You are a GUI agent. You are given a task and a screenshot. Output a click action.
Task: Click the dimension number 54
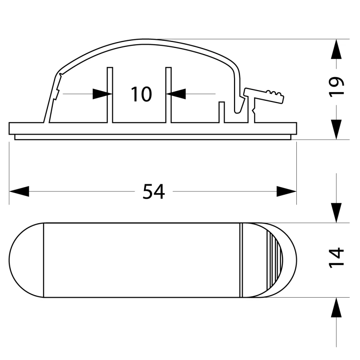[x=154, y=192]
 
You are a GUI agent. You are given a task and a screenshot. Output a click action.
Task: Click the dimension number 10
[x=141, y=94]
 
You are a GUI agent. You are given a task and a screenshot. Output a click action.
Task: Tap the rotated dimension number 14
[x=336, y=258]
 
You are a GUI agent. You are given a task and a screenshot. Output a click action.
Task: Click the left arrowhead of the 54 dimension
[x=19, y=191]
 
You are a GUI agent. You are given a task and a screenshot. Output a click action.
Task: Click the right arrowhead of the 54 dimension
[x=286, y=191]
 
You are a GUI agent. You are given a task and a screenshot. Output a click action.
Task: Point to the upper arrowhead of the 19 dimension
[x=336, y=49]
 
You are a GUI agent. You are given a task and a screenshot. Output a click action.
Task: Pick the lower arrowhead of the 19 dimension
[x=336, y=130]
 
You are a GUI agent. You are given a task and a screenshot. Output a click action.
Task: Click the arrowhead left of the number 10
[x=102, y=94]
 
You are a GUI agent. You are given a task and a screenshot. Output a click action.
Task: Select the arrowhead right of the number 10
[x=176, y=94]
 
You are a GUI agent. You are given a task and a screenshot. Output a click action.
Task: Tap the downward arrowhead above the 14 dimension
[x=336, y=213]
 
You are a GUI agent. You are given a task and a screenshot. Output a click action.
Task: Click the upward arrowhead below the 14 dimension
[x=336, y=308]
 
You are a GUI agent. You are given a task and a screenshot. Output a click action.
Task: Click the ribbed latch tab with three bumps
[x=264, y=95]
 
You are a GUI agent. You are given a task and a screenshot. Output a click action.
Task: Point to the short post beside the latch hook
[x=221, y=112]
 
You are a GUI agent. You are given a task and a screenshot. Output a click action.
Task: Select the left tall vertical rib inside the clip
[x=110, y=95]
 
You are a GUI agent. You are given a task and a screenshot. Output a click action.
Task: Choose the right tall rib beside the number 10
[x=168, y=95]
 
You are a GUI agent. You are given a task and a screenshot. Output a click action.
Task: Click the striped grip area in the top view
[x=274, y=260]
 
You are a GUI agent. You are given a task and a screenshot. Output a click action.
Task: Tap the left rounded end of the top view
[x=26, y=260]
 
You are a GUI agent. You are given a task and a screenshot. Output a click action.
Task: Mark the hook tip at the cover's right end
[x=238, y=111]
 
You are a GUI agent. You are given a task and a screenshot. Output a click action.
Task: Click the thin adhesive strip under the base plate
[x=153, y=137]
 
